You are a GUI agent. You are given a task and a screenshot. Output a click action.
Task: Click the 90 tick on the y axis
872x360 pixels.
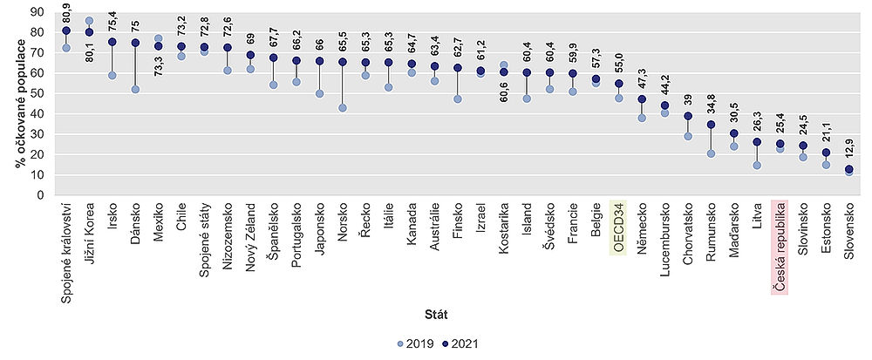37,12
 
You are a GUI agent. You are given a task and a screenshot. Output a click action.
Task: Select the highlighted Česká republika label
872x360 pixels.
780,248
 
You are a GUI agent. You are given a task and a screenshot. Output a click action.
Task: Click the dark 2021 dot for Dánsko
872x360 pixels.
135,43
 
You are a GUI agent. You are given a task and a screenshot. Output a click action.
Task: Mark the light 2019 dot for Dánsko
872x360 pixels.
135,89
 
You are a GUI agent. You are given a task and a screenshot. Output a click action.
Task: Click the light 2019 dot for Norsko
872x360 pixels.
343,108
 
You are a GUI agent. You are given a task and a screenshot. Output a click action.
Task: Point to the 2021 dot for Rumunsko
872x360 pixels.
711,125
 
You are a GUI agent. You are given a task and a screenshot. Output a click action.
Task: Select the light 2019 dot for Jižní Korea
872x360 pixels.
90,21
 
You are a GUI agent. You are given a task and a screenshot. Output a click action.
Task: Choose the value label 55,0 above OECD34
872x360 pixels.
619,68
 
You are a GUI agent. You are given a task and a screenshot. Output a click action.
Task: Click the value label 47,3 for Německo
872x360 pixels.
643,84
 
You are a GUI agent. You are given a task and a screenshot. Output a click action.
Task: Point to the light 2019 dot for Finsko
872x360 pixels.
457,99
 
